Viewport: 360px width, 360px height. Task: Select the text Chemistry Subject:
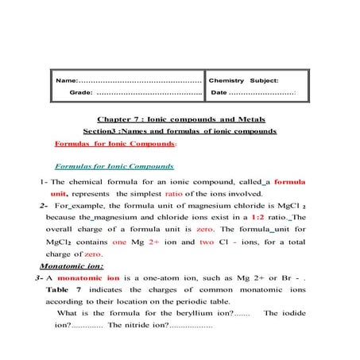(243, 80)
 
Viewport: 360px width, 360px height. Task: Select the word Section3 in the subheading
(103, 130)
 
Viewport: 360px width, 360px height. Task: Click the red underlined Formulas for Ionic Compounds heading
(114, 144)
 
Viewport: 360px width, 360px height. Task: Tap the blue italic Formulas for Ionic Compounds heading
(114, 167)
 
